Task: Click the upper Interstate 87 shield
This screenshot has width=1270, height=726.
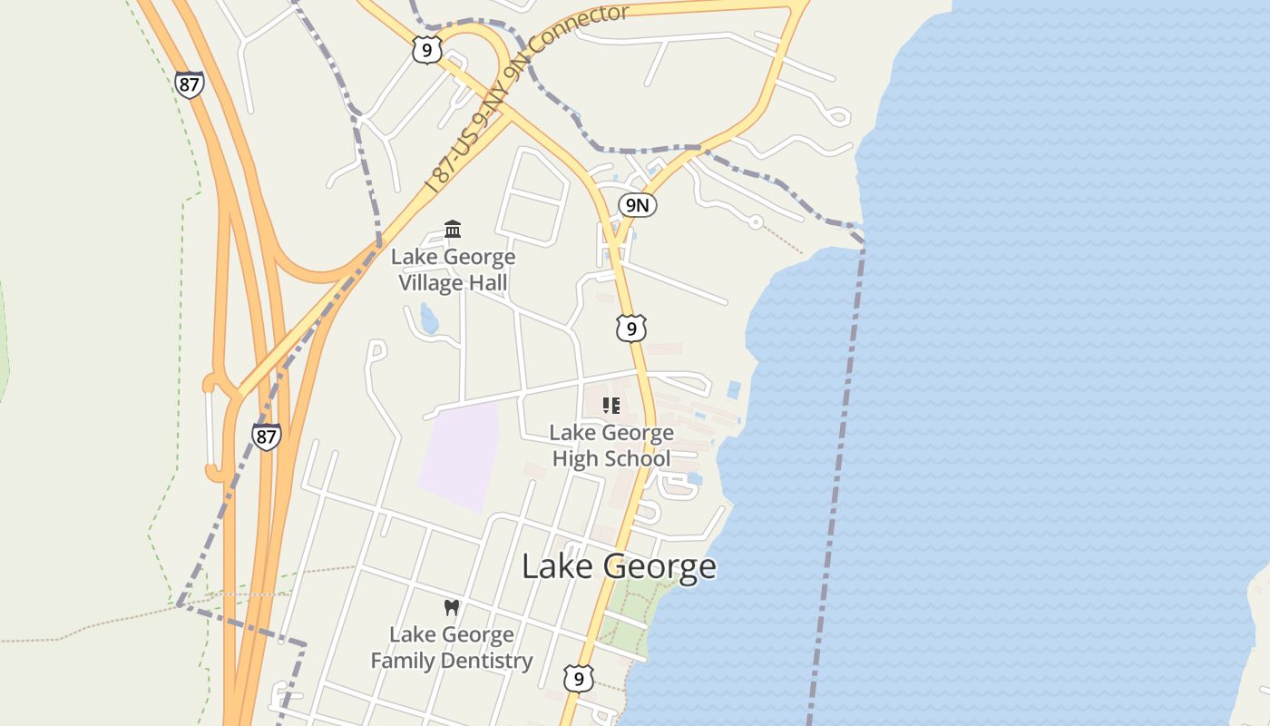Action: coord(190,84)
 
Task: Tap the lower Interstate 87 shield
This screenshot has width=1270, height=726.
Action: coord(266,437)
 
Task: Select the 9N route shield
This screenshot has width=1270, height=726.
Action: coord(638,205)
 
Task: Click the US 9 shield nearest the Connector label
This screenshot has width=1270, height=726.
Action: coord(426,50)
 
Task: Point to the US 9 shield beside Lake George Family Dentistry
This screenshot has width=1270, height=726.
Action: coord(578,677)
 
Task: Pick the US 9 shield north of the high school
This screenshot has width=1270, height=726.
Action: coord(631,328)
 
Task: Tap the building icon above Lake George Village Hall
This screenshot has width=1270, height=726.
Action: coord(453,229)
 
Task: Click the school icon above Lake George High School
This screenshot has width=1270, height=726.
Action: coord(611,405)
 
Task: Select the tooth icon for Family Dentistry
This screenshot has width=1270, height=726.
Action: coord(452,607)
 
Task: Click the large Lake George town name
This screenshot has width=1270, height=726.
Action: coord(619,566)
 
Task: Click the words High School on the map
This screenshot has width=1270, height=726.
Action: coord(611,458)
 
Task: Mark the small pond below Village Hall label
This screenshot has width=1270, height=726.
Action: coord(429,319)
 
